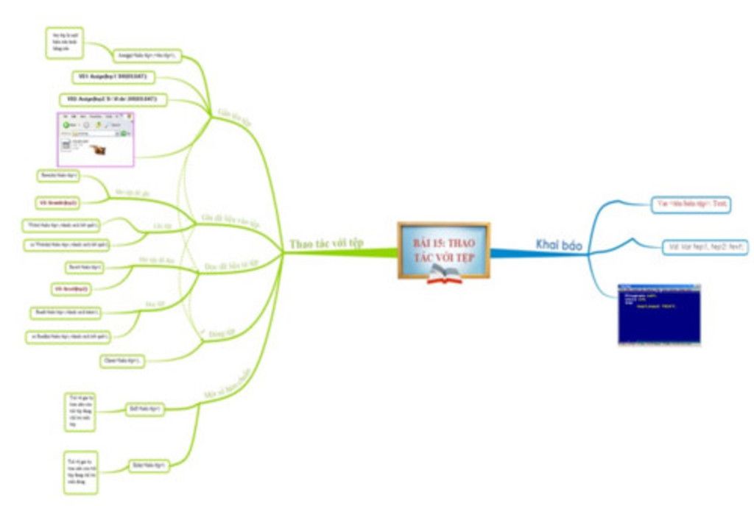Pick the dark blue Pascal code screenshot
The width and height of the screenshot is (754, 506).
[659, 314]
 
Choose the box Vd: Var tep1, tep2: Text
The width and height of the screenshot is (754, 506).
[705, 247]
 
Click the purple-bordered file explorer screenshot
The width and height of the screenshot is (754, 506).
[96, 139]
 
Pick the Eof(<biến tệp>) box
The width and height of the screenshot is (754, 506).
[145, 407]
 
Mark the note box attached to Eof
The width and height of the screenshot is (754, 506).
[80, 412]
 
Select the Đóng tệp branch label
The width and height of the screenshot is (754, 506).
[218, 332]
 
